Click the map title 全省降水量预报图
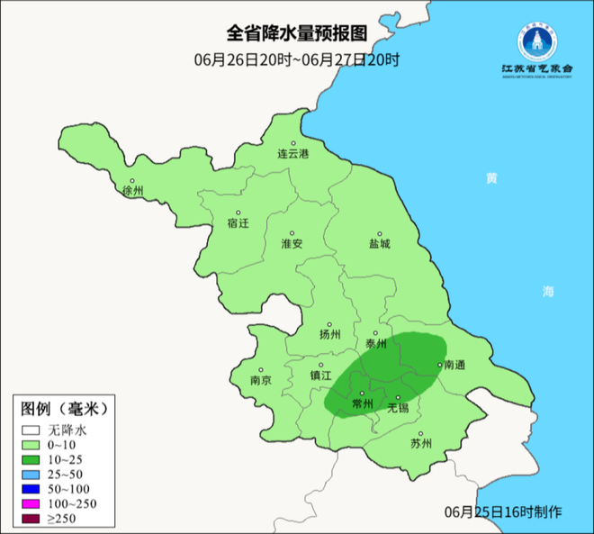click(x=296, y=33)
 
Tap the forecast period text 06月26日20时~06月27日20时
click(x=296, y=60)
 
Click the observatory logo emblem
click(x=536, y=39)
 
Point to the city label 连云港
click(x=292, y=154)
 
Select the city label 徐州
click(x=132, y=191)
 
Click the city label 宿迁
click(x=238, y=222)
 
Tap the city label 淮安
click(x=292, y=244)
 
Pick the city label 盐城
click(x=380, y=244)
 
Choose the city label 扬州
click(x=330, y=334)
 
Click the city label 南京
click(x=260, y=380)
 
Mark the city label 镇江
click(x=321, y=376)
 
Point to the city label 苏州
click(x=421, y=443)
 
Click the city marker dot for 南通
click(x=438, y=365)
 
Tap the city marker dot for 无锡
click(x=398, y=397)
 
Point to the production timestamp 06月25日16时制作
click(x=503, y=511)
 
